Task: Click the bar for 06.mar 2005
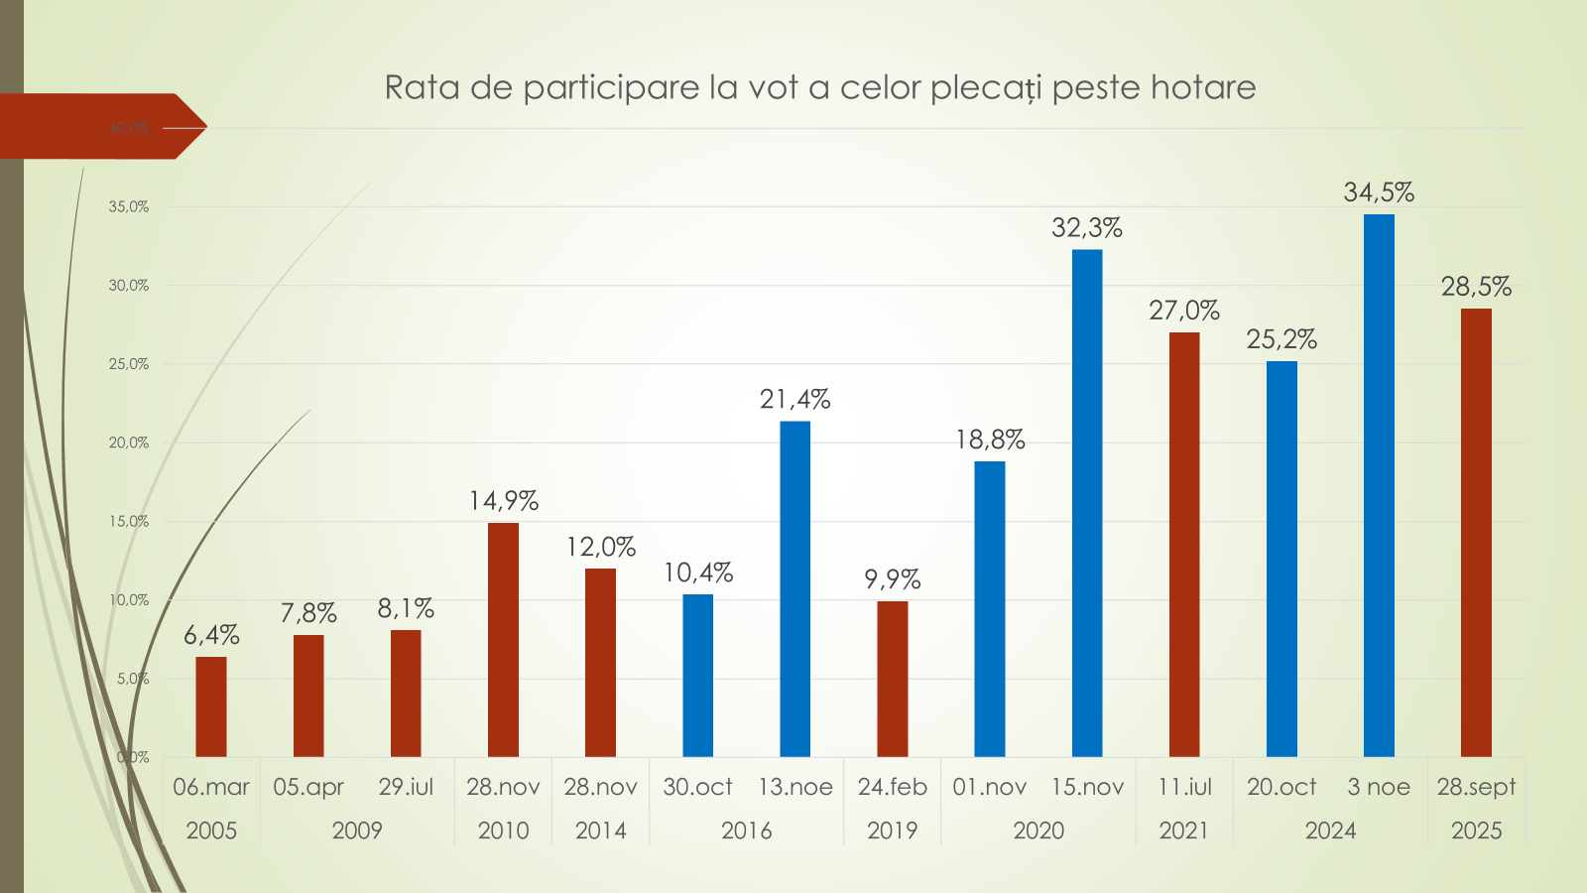(x=211, y=706)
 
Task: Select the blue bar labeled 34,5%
(x=1379, y=485)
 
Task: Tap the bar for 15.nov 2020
(x=1087, y=503)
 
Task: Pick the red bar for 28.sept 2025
(x=1476, y=533)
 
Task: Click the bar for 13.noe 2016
(x=795, y=588)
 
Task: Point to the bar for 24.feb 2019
(x=893, y=679)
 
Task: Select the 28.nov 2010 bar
(x=503, y=639)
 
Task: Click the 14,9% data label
(x=503, y=501)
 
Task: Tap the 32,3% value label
(x=1087, y=228)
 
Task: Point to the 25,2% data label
(x=1282, y=339)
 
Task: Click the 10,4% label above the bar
(x=698, y=573)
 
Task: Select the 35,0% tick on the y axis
(x=129, y=206)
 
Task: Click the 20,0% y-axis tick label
(x=129, y=443)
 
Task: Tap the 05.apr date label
(x=308, y=787)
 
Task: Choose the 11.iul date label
(x=1184, y=787)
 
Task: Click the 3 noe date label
(x=1379, y=787)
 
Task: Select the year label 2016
(x=746, y=830)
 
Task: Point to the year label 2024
(x=1330, y=830)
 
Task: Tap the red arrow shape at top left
(x=99, y=126)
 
